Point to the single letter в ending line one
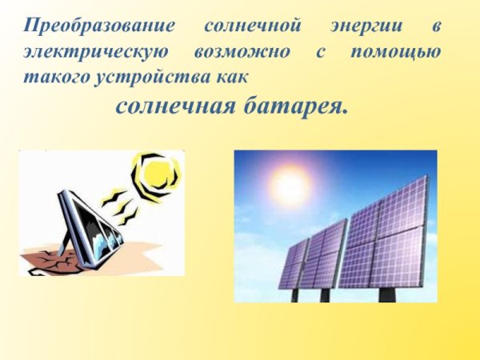[436, 27]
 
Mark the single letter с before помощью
[318, 54]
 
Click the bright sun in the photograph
[290, 186]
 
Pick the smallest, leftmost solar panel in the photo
[292, 265]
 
